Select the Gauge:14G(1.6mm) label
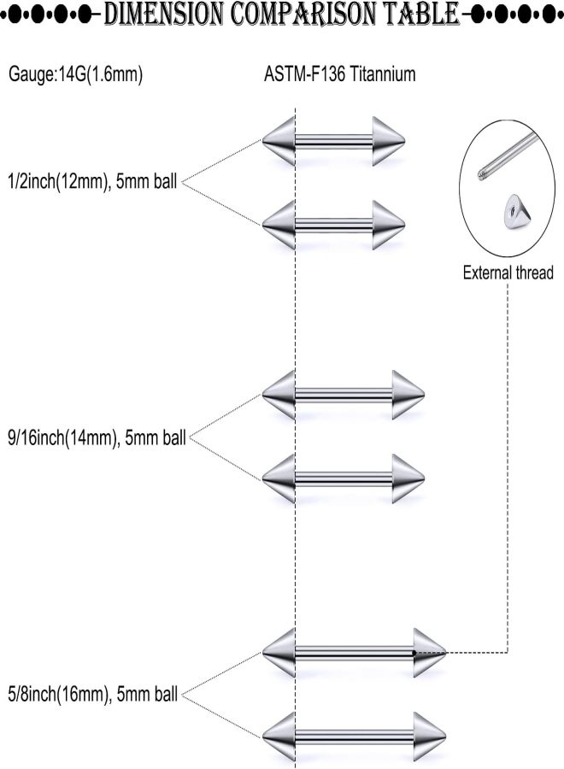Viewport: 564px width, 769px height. click(x=76, y=74)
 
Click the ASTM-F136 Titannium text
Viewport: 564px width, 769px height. click(x=340, y=74)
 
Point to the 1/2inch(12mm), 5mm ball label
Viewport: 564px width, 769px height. click(x=92, y=182)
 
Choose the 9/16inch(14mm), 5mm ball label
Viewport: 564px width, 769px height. click(x=97, y=437)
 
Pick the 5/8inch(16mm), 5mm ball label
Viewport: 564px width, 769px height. click(x=93, y=695)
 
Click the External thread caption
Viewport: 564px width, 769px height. click(x=508, y=273)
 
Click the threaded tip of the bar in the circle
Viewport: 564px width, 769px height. click(x=482, y=174)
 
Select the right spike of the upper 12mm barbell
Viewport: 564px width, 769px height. click(x=389, y=141)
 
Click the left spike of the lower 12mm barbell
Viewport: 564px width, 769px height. click(x=279, y=225)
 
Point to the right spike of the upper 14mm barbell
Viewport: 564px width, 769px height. click(x=408, y=395)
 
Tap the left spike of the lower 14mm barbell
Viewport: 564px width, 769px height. click(x=279, y=478)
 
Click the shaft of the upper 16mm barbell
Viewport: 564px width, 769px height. click(x=355, y=653)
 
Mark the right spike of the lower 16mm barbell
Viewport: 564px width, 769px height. click(x=430, y=737)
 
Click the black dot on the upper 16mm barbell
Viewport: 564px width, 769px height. click(x=414, y=653)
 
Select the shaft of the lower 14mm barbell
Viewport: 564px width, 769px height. click(x=344, y=478)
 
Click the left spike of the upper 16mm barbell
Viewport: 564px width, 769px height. click(x=279, y=653)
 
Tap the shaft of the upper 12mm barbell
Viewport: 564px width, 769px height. click(x=334, y=141)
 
